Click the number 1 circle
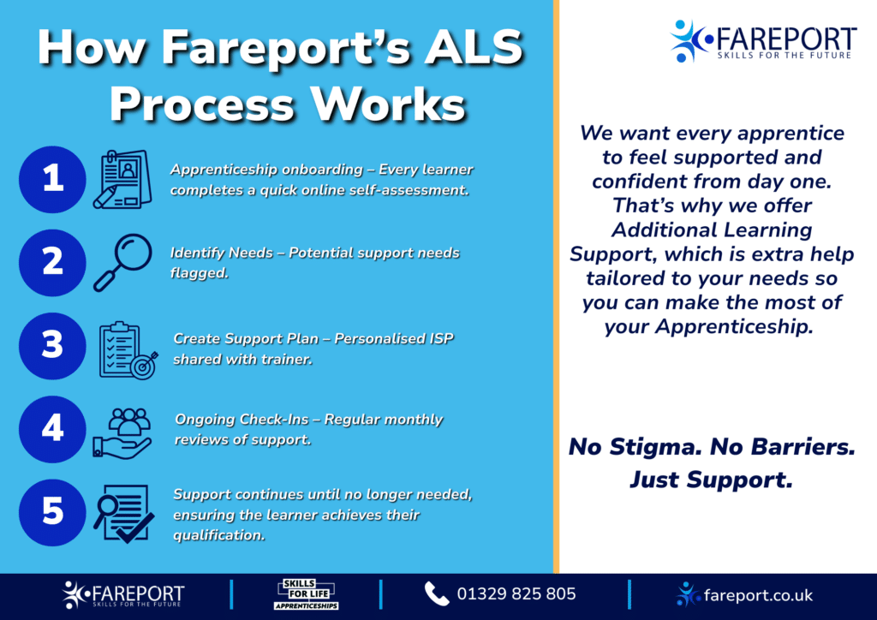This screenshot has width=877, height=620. [x=53, y=178]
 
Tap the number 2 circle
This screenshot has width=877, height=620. [x=53, y=261]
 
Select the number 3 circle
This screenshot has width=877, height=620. [x=53, y=345]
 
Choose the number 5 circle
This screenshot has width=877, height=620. [x=53, y=511]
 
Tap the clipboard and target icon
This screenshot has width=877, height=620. [x=125, y=349]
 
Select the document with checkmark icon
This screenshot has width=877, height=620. [x=125, y=513]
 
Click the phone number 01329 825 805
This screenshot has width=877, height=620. [x=516, y=594]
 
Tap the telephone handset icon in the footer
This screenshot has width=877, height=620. [x=437, y=594]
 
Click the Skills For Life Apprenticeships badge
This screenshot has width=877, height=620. [x=306, y=594]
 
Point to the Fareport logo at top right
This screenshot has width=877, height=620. [x=762, y=40]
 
